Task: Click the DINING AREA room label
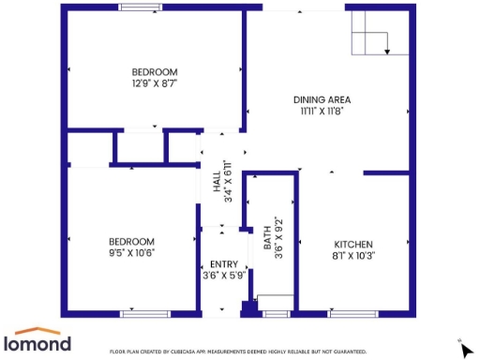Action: pos(322,99)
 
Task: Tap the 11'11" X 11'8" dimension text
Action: pos(322,111)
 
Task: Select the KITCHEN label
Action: pos(353,242)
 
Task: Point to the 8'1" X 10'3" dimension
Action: pos(353,254)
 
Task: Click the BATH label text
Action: pos(267,229)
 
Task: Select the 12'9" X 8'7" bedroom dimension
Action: pos(154,83)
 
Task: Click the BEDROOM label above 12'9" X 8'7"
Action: pos(154,72)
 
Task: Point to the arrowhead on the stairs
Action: pos(387,52)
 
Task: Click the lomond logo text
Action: pos(38,344)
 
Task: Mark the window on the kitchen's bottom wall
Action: pos(352,313)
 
